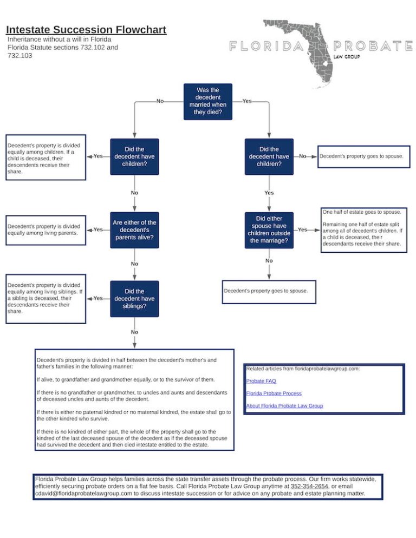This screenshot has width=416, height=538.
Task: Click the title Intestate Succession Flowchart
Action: (86, 30)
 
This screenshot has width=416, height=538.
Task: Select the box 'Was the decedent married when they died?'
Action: (208, 101)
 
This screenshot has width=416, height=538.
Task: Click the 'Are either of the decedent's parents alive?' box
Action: (134, 230)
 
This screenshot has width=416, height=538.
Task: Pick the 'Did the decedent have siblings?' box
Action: (134, 299)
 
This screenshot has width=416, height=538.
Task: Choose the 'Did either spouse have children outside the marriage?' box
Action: (269, 230)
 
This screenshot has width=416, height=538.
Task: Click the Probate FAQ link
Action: (261, 381)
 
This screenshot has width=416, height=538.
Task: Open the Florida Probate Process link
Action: (274, 393)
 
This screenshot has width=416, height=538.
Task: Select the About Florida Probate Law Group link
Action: (284, 406)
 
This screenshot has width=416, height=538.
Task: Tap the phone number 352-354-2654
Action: (309, 486)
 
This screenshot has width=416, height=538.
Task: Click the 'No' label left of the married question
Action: (160, 101)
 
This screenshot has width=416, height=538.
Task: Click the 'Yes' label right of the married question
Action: (247, 101)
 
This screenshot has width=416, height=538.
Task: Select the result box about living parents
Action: (45, 230)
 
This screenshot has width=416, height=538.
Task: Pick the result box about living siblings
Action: (45, 299)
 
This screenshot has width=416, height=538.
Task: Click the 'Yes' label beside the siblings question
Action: (98, 298)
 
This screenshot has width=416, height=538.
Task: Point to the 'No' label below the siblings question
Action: (134, 332)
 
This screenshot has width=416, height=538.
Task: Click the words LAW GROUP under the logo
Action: (347, 57)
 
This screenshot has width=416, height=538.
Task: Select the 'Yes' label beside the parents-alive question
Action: (98, 229)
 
